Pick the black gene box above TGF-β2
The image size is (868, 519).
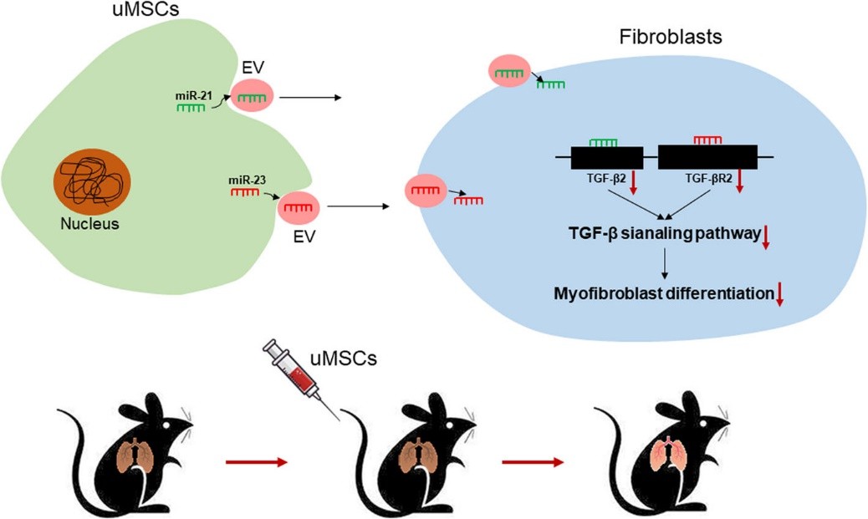[x=606, y=157]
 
